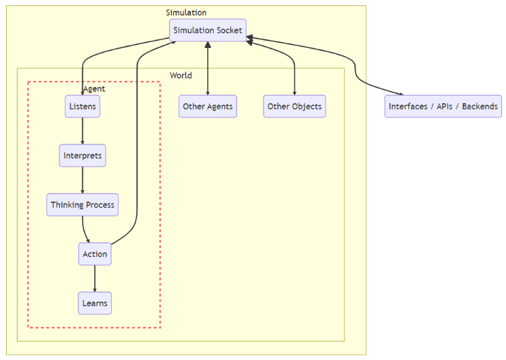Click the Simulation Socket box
208,30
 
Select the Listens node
83,107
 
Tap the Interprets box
82,156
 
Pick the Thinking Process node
82,205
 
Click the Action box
94,254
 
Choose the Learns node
94,303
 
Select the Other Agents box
208,107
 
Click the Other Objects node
294,107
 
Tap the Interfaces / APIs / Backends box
443,107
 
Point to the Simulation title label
186,12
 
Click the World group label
181,76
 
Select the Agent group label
94,89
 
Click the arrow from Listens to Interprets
82,131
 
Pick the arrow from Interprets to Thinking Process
82,181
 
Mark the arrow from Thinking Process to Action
86,229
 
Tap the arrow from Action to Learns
94,278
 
